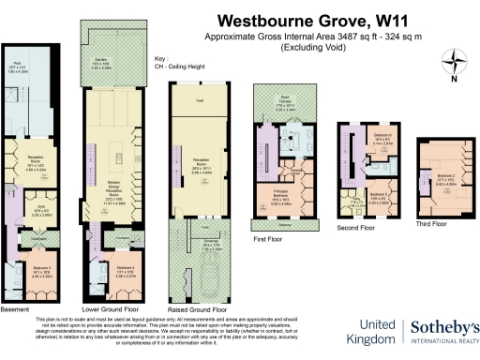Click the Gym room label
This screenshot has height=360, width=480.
(x=28, y=209)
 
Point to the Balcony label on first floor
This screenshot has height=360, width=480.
(x=284, y=225)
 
